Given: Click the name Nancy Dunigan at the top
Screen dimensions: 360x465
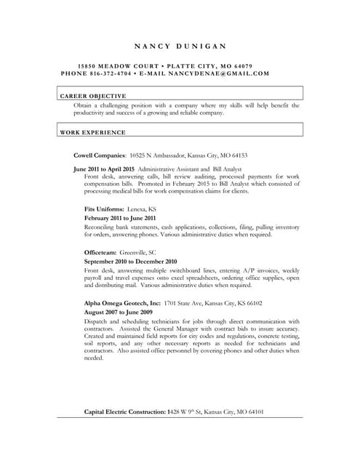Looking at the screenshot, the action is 180,46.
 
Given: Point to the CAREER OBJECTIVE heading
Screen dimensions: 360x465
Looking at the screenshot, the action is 92,95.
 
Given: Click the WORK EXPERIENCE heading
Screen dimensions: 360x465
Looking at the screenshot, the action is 92,132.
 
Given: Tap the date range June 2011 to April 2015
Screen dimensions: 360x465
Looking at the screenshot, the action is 104,168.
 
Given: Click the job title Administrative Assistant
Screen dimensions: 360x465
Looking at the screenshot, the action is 169,168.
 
